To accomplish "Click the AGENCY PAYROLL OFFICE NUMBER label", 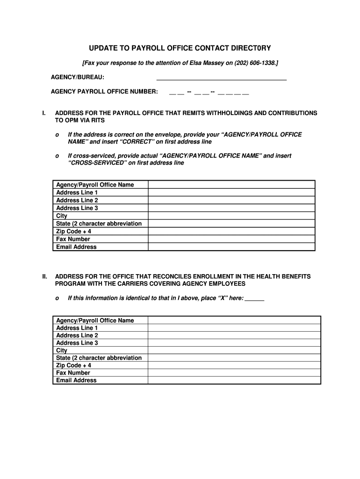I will pyautogui.click(x=104, y=91).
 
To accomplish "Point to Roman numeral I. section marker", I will pyautogui.click(x=43, y=113).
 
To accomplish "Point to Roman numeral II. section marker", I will pyautogui.click(x=44, y=277).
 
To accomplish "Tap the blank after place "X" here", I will pyautogui.click(x=254, y=298).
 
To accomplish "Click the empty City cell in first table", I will pyautogui.click(x=231, y=216).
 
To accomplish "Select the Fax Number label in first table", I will pyautogui.click(x=73, y=239).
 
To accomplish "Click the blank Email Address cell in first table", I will pyautogui.click(x=231, y=247).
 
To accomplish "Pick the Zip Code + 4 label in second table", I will pyautogui.click(x=73, y=365).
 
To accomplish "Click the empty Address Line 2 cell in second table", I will pyautogui.click(x=234, y=335).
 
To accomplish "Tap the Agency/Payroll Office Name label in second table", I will pyautogui.click(x=95, y=320).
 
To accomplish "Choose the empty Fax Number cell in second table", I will pyautogui.click(x=234, y=373).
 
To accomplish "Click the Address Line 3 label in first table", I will pyautogui.click(x=77, y=208).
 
